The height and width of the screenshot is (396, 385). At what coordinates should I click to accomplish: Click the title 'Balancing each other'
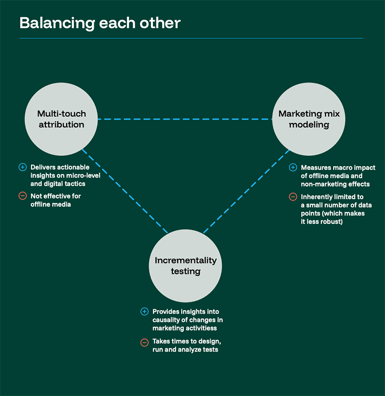coord(100,23)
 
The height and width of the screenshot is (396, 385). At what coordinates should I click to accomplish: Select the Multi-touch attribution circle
coord(61,119)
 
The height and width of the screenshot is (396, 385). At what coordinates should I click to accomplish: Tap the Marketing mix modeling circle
coord(309,119)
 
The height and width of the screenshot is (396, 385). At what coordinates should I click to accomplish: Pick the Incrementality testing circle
coord(185,266)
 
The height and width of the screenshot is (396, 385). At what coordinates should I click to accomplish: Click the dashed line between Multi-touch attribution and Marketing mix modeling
coord(185,119)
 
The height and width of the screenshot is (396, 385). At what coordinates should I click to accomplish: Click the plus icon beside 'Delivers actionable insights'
coord(22,167)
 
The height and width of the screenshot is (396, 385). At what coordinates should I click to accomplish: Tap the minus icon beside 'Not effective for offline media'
coord(22,196)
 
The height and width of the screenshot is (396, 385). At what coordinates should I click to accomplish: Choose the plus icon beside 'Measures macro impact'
coord(293,168)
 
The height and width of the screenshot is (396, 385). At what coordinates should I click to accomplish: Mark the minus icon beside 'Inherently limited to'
coord(293,197)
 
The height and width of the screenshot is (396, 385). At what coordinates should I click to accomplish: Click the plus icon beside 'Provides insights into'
coord(144,312)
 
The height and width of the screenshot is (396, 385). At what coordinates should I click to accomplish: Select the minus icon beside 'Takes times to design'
coord(144,342)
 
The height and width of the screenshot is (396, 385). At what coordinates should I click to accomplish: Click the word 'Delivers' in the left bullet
coord(42,167)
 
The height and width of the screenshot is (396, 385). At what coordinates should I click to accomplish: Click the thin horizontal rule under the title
coord(191,38)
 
